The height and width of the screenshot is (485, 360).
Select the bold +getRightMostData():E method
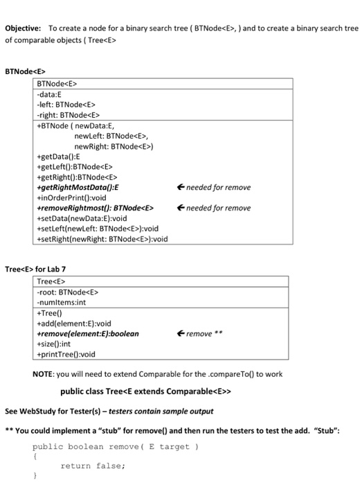pyautogui.click(x=78, y=187)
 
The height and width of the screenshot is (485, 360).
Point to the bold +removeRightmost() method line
pyautogui.click(x=94, y=208)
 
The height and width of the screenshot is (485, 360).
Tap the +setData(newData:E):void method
pyautogui.click(x=81, y=218)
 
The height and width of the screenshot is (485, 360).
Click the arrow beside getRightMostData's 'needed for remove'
pyautogui.click(x=181, y=187)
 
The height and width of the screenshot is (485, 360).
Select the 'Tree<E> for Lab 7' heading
pyautogui.click(x=35, y=269)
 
